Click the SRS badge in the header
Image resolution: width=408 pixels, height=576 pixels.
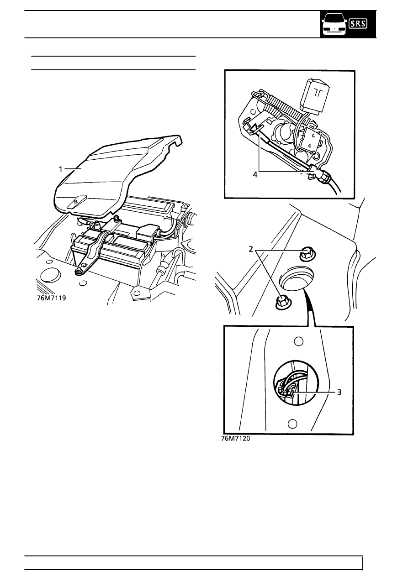coord(358,24)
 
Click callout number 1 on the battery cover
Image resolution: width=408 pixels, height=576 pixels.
coord(60,169)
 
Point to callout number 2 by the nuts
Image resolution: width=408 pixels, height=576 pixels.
coord(251,249)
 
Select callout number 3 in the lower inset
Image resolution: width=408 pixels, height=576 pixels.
coord(339,392)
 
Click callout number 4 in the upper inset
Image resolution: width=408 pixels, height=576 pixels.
coord(255,175)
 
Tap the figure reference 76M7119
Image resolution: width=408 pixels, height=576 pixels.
coord(52,298)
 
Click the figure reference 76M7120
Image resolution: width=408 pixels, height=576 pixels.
coord(236,439)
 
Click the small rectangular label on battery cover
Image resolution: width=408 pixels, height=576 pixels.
coord(76,202)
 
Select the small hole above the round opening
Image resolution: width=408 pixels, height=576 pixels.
coord(298,341)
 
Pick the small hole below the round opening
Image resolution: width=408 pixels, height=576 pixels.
coord(292,424)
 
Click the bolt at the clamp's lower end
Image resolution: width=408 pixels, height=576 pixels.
coord(79,271)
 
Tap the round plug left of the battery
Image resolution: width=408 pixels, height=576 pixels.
coord(50,275)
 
